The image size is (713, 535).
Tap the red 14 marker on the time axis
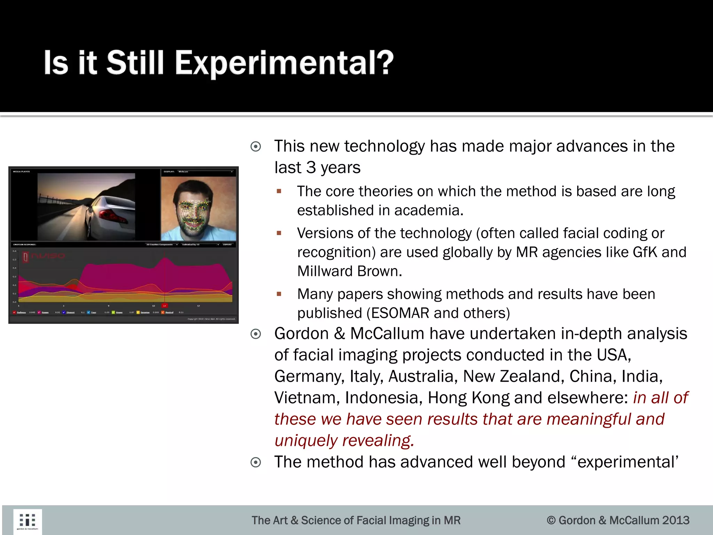point(165,305)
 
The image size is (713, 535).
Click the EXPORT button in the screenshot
point(227,245)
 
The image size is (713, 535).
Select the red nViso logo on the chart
point(44,256)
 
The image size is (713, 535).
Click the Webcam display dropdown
point(205,171)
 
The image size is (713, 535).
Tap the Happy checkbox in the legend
point(39,312)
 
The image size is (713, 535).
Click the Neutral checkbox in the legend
point(163,312)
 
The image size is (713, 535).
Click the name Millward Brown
point(350,271)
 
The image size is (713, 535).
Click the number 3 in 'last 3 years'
point(311,168)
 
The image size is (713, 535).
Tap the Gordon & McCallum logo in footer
point(28,521)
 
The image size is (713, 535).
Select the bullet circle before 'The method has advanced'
point(256,463)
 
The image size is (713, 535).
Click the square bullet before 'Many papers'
point(279,294)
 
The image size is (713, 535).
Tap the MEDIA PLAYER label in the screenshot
point(22,172)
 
